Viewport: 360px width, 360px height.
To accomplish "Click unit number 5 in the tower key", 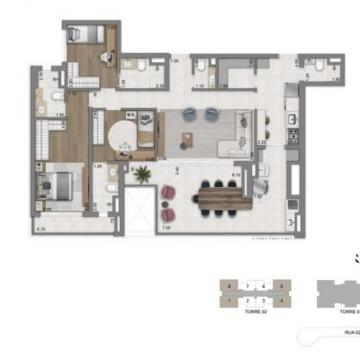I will coord(282,284).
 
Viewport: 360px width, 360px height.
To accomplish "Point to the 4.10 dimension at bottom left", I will coord(40,229).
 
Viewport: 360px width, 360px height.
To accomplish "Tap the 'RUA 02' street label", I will coord(351,331).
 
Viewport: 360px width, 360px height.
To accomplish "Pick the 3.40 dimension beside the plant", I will coord(178,170).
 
